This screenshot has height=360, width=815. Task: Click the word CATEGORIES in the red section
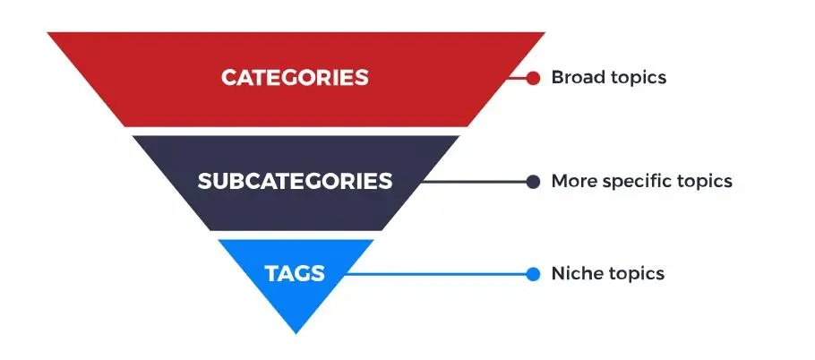(x=295, y=78)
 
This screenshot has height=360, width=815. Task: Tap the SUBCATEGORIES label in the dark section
(x=295, y=181)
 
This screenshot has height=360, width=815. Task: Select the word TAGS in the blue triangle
(x=295, y=274)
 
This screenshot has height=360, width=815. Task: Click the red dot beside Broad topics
(x=533, y=78)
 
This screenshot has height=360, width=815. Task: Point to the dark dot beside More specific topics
(x=533, y=182)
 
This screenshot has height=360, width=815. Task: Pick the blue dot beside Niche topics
(x=533, y=274)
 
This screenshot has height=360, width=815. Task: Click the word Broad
(x=578, y=77)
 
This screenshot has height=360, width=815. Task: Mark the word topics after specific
(x=705, y=183)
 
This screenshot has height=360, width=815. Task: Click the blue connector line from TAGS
(x=437, y=274)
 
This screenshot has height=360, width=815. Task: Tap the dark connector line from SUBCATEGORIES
(x=474, y=182)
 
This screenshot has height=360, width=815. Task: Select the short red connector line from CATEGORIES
(x=517, y=78)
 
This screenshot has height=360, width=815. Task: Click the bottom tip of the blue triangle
(x=296, y=333)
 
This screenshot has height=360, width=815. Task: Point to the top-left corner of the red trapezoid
(x=47, y=33)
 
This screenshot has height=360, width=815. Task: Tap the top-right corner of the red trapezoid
(x=545, y=33)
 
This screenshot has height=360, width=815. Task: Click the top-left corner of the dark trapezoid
(x=132, y=136)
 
